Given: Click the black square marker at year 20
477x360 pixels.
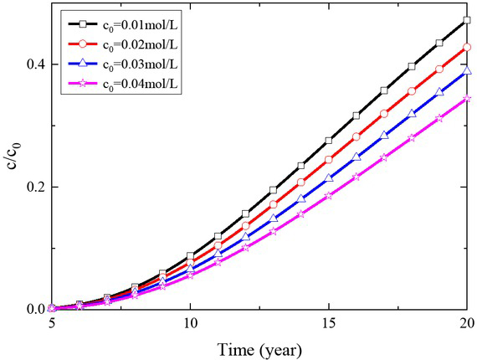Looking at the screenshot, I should point(467,19).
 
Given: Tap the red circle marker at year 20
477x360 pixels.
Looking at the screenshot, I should point(467,47).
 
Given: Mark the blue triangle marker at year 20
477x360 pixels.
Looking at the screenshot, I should point(467,72).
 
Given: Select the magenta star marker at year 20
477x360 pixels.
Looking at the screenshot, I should point(467,99).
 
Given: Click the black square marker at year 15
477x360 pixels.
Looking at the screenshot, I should point(329,141).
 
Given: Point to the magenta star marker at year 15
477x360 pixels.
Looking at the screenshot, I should point(329,195).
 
